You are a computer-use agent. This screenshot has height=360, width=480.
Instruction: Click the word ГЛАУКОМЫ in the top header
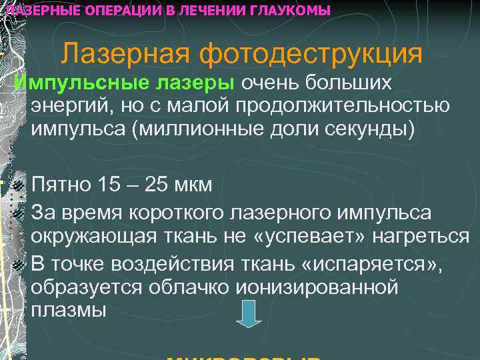pos(289,11)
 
